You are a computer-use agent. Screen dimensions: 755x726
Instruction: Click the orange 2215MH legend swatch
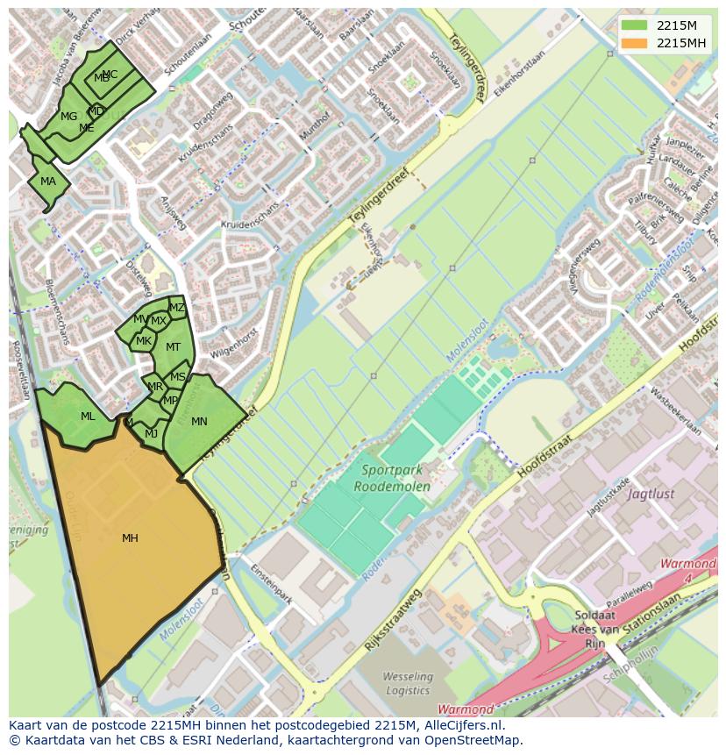coord(636,43)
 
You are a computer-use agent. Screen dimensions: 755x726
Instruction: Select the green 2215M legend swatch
coord(636,25)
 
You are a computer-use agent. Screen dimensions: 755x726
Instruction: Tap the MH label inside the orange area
coord(130,538)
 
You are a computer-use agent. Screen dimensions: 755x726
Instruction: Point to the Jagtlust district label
coord(651,494)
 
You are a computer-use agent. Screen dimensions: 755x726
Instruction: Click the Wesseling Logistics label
coord(408,683)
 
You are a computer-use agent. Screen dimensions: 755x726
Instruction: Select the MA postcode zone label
coord(48,182)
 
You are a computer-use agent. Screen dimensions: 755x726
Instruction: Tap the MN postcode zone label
coord(199,422)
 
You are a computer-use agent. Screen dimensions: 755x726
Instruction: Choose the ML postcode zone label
coord(88,417)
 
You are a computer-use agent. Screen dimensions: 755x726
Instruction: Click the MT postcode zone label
coord(173,347)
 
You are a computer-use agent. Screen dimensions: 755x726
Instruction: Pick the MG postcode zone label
coord(68,116)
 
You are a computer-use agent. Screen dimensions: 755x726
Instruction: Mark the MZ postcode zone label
coord(177,308)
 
